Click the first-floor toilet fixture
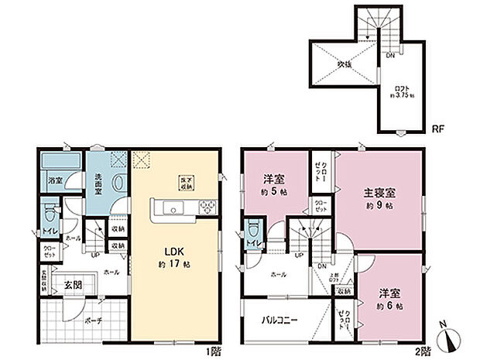pos(50,214)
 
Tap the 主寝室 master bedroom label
pos(381,193)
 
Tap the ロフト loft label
pos(399,89)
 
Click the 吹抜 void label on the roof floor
pos(341,65)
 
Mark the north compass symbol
pos(452,340)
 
